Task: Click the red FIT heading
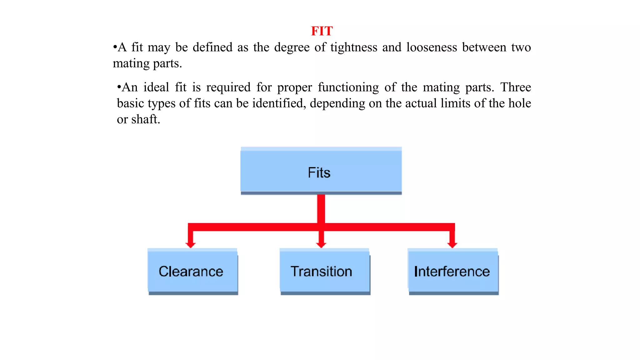322,31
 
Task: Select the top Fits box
321,171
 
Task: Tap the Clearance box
192,271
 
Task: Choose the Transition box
324,271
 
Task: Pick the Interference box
452,271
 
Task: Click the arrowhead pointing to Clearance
190,244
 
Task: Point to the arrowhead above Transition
321,244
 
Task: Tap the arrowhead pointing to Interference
452,244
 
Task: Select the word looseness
431,47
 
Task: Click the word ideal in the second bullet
156,87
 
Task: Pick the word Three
516,87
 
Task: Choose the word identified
279,103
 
